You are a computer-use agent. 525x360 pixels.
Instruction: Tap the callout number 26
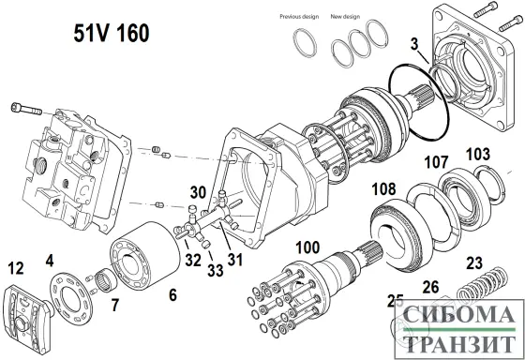[429, 286]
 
